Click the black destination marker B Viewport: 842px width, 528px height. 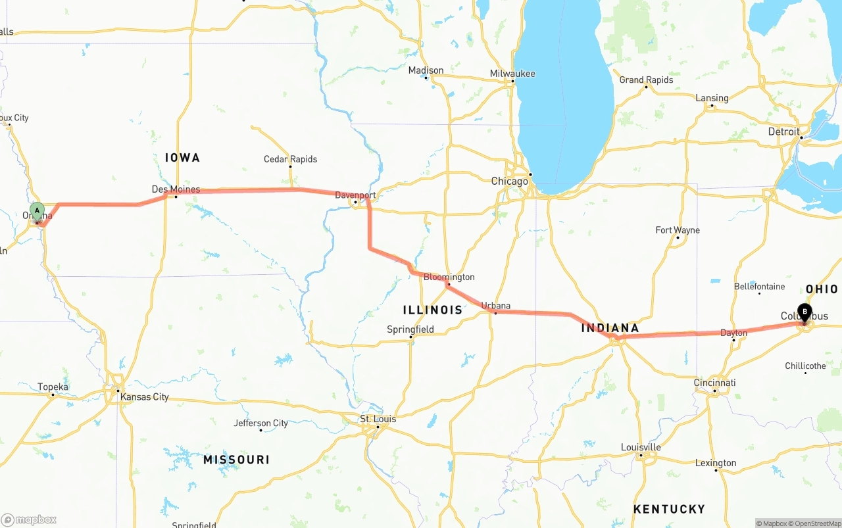[805, 312]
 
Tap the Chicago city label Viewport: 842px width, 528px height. [510, 181]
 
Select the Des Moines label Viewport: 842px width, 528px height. [176, 189]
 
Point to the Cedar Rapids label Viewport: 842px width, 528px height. [290, 159]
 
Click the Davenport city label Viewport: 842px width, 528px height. [355, 195]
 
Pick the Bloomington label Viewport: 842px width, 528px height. [449, 277]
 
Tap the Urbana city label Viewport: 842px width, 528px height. [495, 306]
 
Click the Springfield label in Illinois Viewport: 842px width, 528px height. [410, 329]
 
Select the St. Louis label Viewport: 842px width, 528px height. [378, 419]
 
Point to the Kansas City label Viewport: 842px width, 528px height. [144, 397]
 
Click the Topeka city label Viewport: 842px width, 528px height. [53, 387]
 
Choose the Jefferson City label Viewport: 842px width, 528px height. [260, 423]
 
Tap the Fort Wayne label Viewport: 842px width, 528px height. [678, 230]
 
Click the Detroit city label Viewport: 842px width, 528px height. [783, 132]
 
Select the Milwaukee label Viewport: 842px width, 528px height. [512, 74]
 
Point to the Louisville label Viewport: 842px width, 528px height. [641, 447]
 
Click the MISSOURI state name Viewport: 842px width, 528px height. [236, 460]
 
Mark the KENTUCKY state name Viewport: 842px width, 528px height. [669, 509]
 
